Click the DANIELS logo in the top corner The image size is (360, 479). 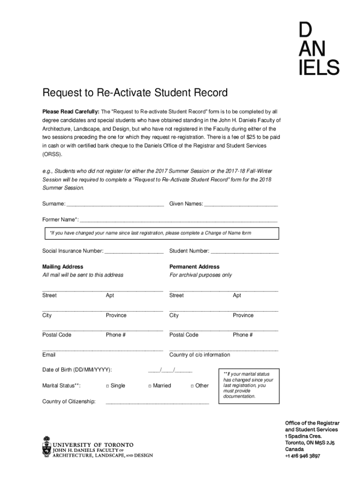pyautogui.click(x=318, y=50)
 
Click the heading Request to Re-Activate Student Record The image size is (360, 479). pyautogui.click(x=135, y=93)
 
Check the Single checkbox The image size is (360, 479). pyautogui.click(x=108, y=386)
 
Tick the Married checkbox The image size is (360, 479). pyautogui.click(x=150, y=386)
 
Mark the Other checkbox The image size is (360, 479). pyautogui.click(x=192, y=386)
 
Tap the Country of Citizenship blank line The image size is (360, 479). pyautogui.click(x=158, y=402)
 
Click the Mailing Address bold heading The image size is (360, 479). pyautogui.click(x=63, y=267)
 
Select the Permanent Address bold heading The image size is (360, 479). pyautogui.click(x=194, y=267)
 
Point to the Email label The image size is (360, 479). pyautogui.click(x=49, y=355)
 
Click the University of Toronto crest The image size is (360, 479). pyautogui.click(x=46, y=446)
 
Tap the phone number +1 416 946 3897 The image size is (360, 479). pyautogui.click(x=302, y=456)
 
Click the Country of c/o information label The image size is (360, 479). pyautogui.click(x=200, y=355)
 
